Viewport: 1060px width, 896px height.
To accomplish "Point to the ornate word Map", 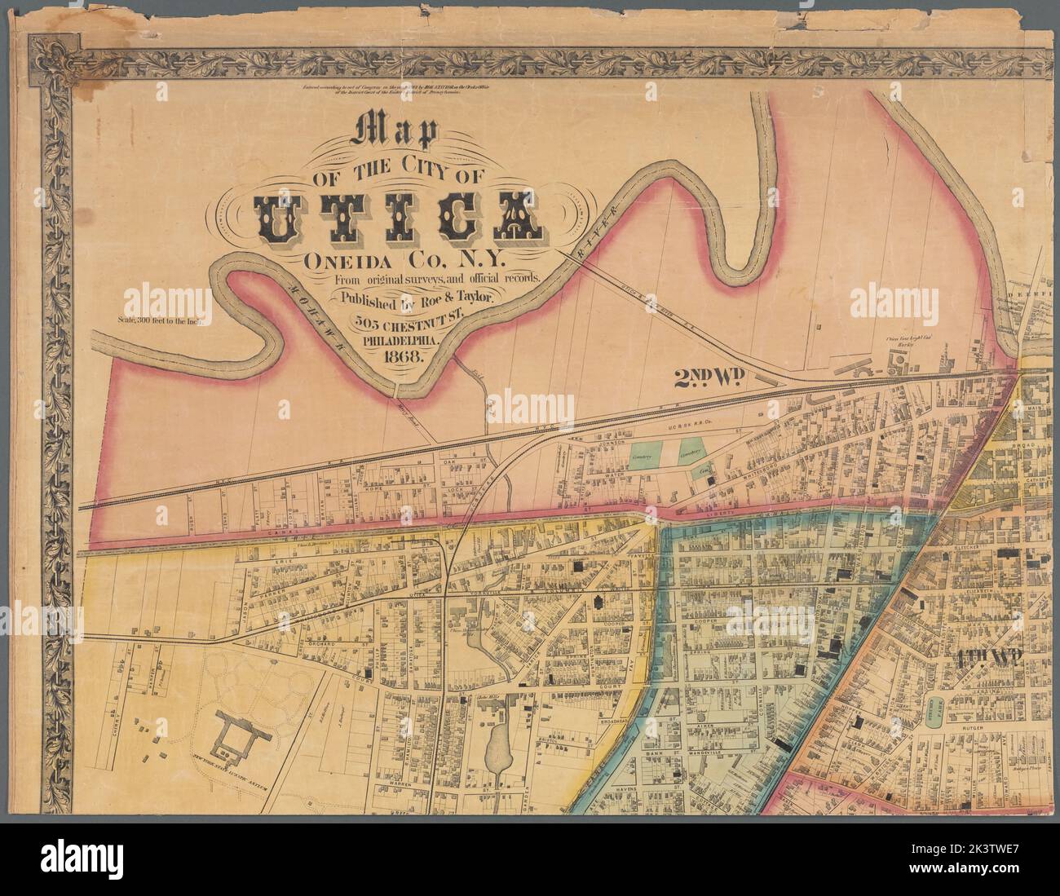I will (394, 133).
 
